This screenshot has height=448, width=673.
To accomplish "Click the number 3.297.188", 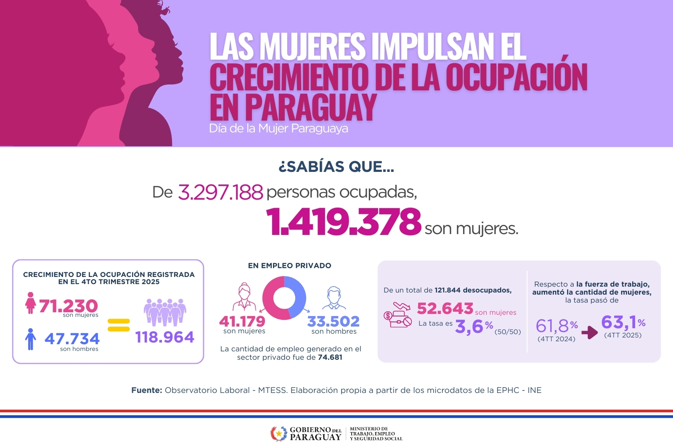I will coord(220,192).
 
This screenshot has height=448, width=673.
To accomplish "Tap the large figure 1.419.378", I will coord(343,221).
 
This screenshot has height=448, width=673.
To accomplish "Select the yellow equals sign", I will coord(119,325).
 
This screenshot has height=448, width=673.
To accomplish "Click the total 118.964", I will coord(164,337).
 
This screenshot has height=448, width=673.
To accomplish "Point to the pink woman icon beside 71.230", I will coord(30,303).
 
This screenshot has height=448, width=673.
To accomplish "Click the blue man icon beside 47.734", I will coord(30,339).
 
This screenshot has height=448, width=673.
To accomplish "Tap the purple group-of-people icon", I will coord(165,312).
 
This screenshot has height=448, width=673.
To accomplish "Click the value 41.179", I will coord(242,322).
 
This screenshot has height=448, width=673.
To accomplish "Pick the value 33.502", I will coord(334,322).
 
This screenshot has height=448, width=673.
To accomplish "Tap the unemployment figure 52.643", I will coord(445,308).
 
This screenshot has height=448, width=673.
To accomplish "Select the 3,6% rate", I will coord(474,326).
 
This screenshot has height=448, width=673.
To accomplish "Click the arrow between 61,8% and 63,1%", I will coord(590,332).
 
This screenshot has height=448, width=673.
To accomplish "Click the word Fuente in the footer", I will coord(146,390).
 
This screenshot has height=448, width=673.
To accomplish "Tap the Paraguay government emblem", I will coord(278,433).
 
